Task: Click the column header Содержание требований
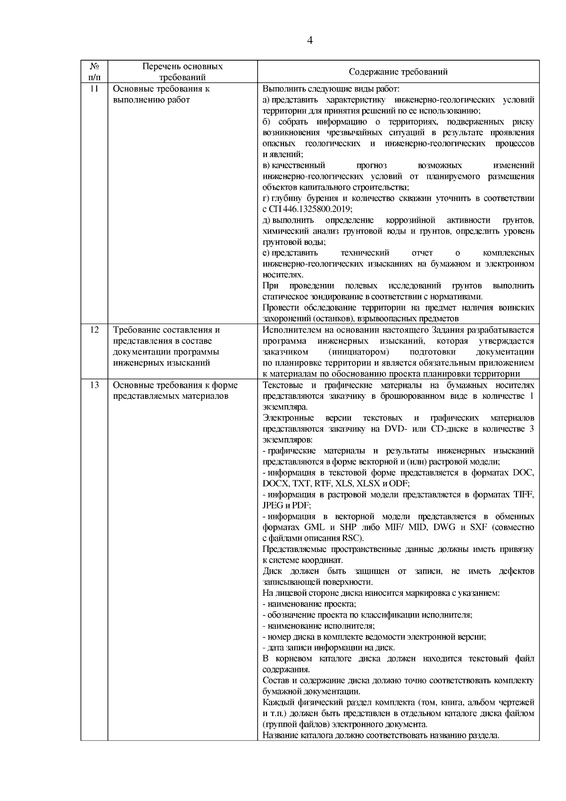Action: [x=398, y=72]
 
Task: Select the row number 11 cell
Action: [x=94, y=89]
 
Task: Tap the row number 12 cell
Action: [x=94, y=330]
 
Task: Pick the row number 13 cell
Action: [x=94, y=385]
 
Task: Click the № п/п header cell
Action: [x=94, y=72]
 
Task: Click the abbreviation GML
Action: [x=315, y=527]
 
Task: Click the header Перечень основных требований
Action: [x=183, y=72]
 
